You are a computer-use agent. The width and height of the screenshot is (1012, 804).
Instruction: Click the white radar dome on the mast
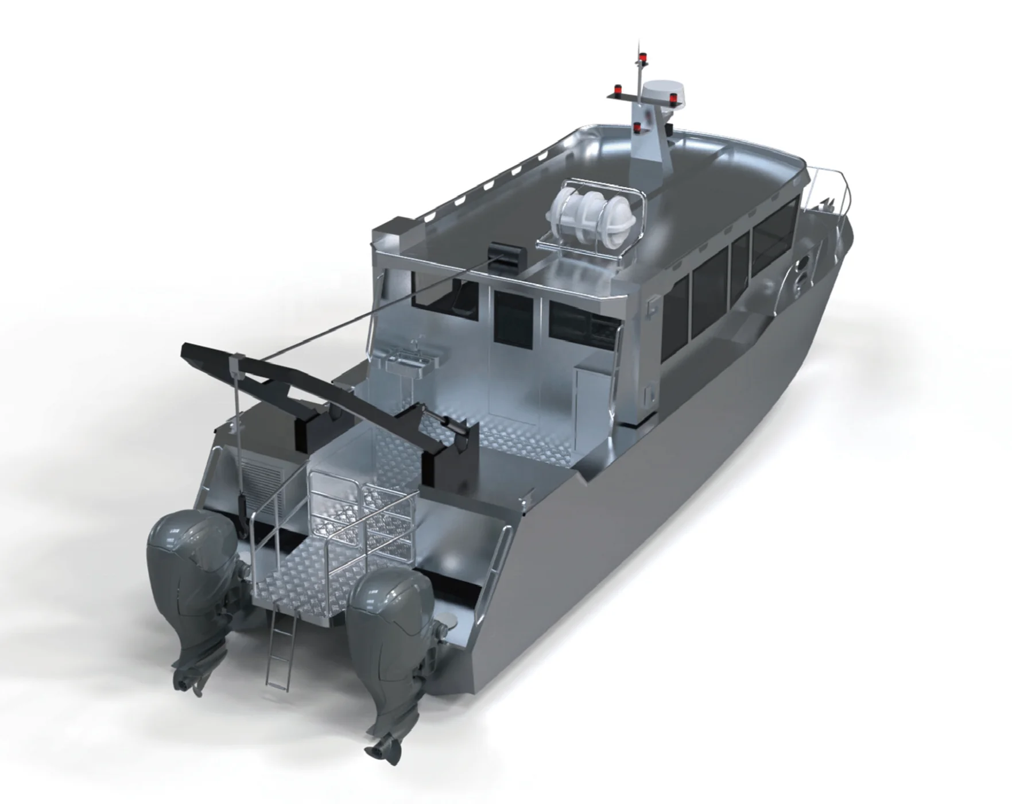click(x=661, y=92)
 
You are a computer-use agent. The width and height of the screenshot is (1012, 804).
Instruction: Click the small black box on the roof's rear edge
click(x=503, y=253)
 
